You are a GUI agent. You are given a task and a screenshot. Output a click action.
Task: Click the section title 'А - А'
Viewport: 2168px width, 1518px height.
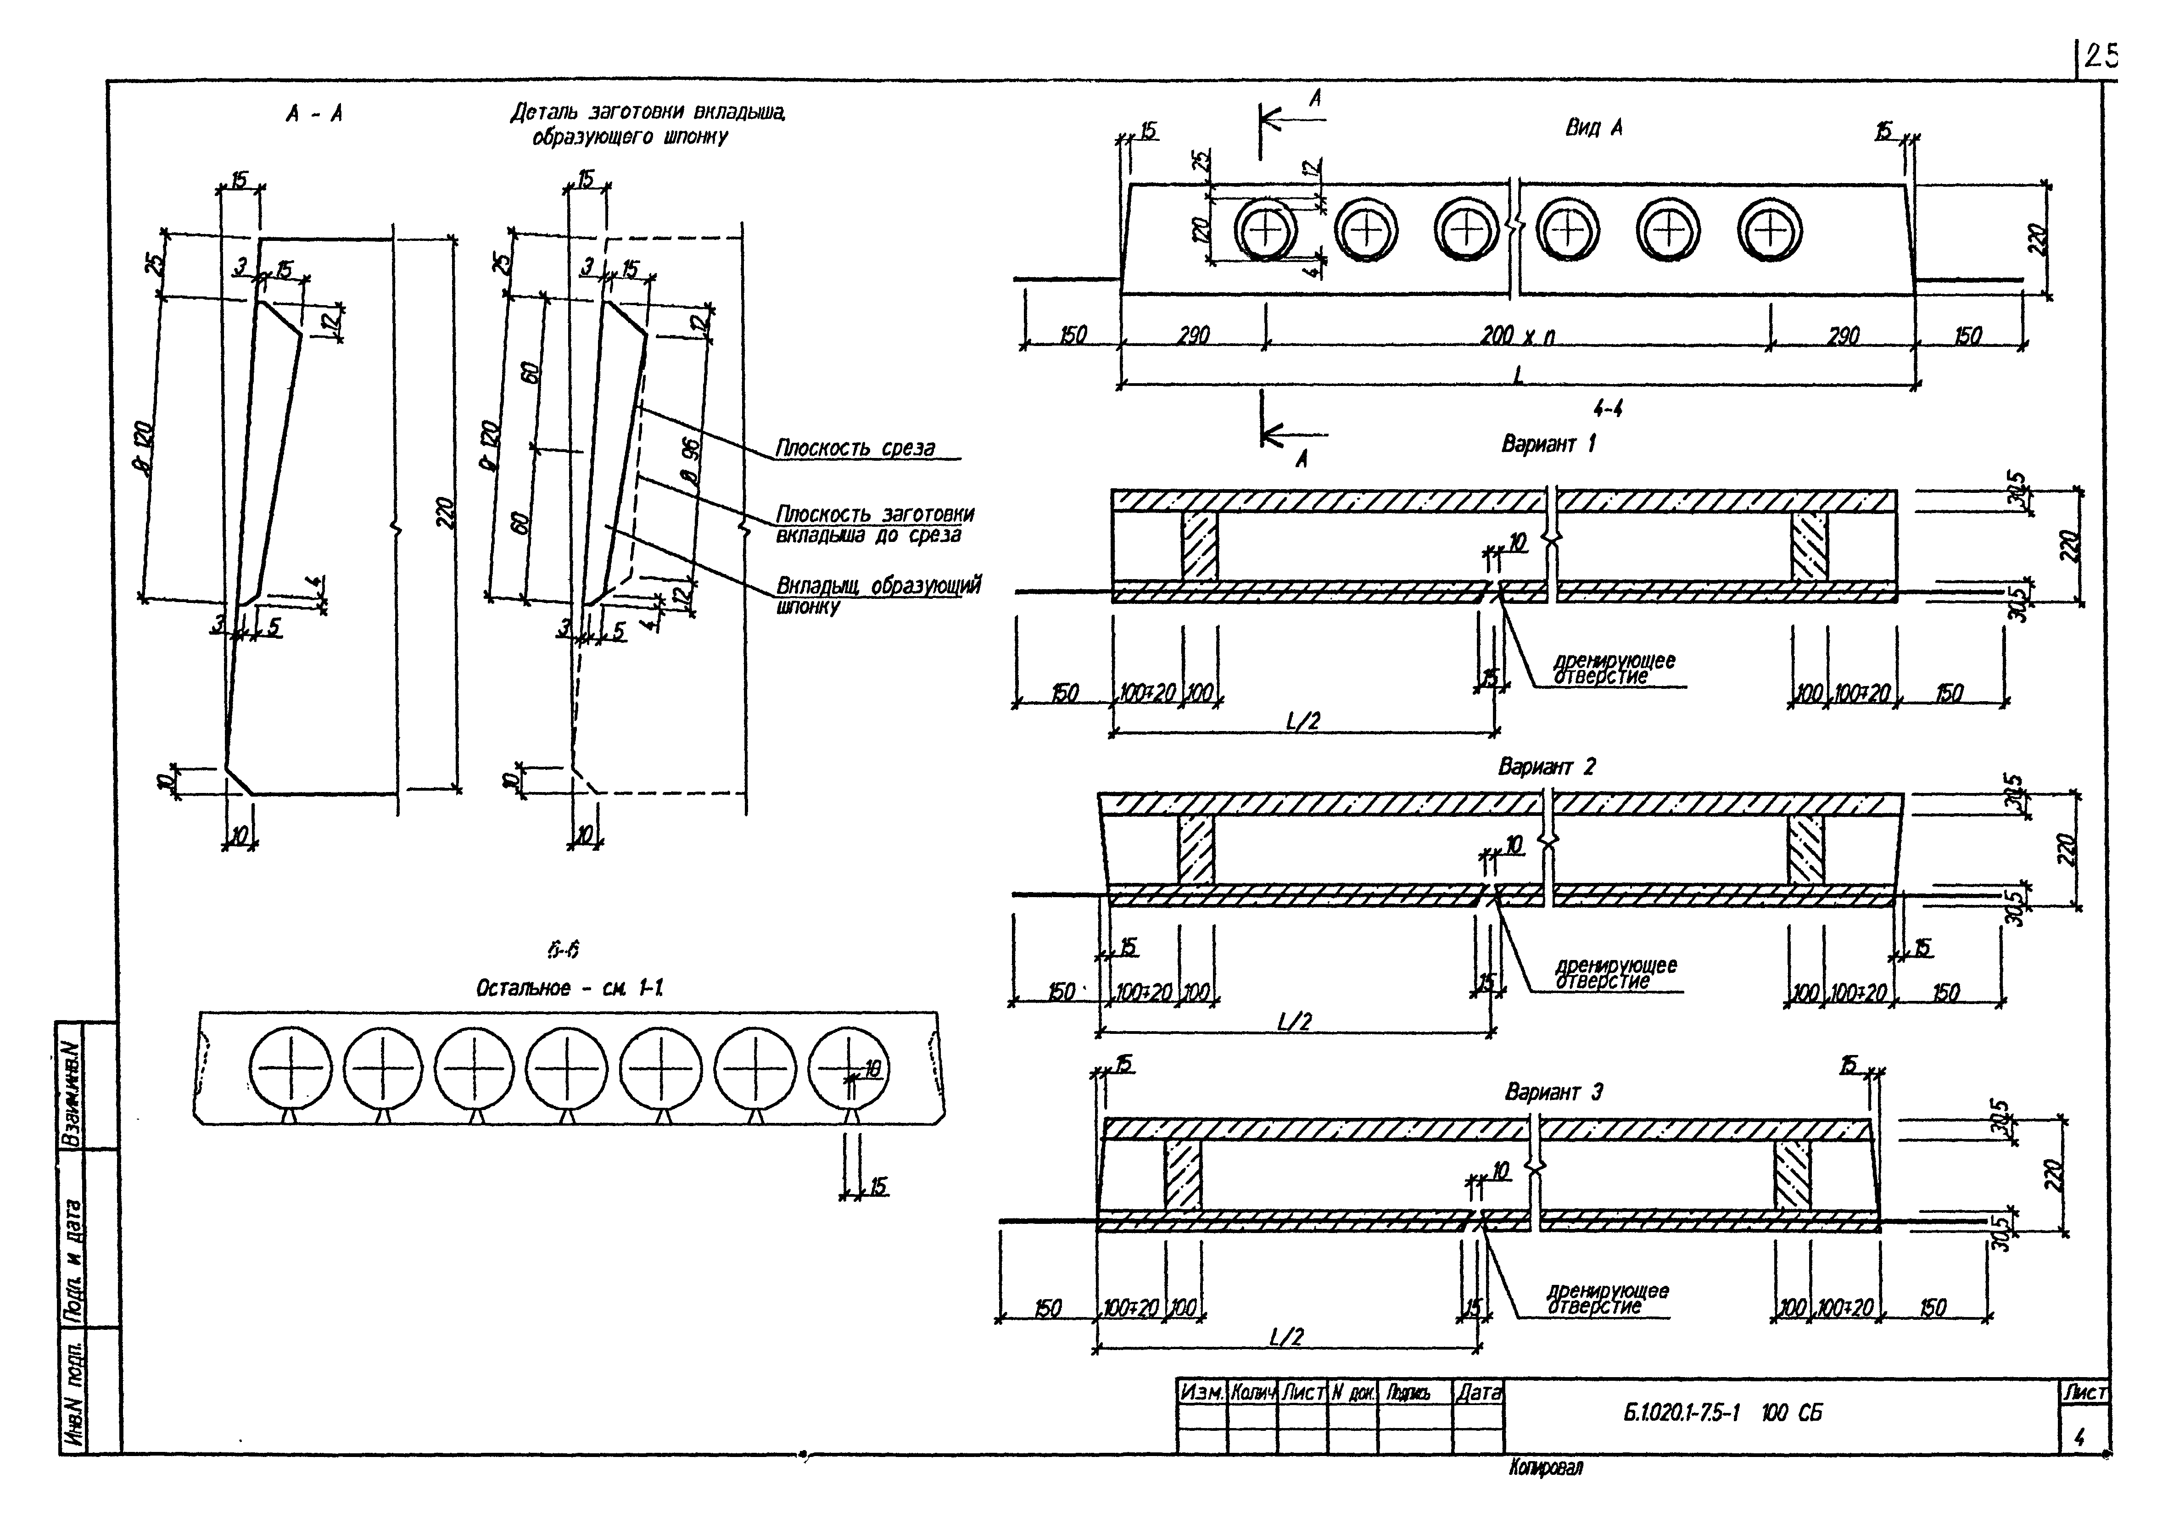[x=314, y=114]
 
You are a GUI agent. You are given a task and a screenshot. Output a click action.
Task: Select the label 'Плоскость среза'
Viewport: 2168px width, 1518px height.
[x=855, y=447]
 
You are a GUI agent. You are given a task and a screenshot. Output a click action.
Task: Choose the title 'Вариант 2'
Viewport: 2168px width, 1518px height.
[x=1546, y=766]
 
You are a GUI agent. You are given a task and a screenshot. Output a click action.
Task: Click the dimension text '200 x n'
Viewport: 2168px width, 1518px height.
[x=1517, y=335]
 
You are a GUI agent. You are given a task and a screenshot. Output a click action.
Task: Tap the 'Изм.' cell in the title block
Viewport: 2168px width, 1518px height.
[x=1202, y=1391]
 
